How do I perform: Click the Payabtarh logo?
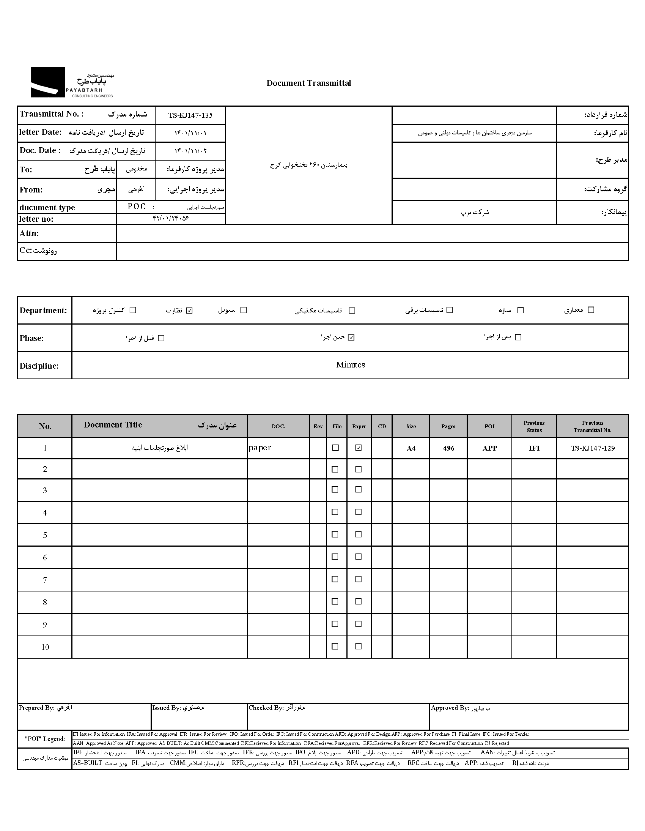(72, 82)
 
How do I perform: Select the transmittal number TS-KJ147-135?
(190, 115)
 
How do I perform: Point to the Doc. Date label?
(40, 150)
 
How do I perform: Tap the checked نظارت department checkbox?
(190, 311)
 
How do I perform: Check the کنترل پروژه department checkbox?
(133, 310)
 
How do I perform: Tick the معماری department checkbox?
(591, 310)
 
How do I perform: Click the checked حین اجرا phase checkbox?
(351, 337)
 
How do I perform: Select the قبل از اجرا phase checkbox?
(161, 338)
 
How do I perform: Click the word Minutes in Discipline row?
(350, 365)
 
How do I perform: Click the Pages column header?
(448, 427)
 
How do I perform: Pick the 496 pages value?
(449, 448)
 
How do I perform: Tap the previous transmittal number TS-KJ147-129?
(593, 448)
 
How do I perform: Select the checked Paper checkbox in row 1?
(358, 448)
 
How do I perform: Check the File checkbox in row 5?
(335, 534)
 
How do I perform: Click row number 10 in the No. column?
(45, 647)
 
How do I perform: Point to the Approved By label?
(450, 708)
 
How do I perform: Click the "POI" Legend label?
(45, 739)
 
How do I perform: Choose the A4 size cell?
(411, 448)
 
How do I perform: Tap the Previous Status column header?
(534, 427)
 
